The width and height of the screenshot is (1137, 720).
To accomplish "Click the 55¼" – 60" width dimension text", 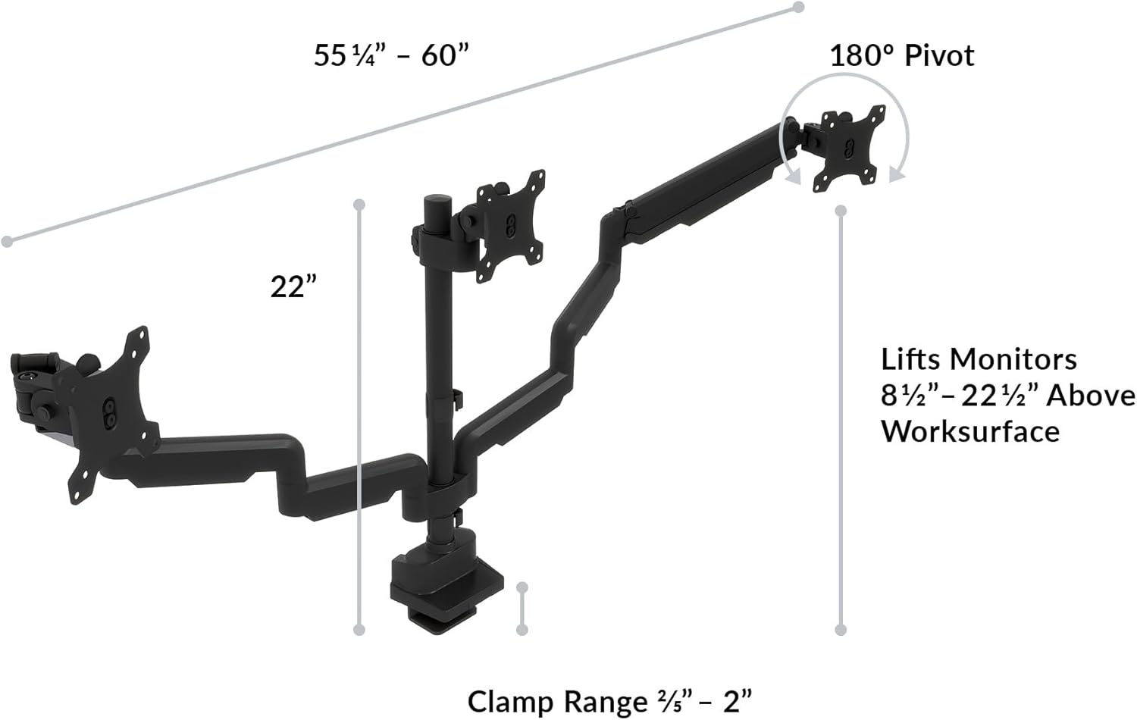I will [391, 55].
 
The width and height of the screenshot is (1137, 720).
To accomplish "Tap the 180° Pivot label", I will [901, 55].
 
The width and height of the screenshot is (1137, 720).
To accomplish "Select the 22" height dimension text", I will [293, 286].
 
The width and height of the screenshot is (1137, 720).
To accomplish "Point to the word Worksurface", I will [969, 431].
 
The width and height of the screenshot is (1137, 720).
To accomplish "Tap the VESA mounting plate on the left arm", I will [113, 413].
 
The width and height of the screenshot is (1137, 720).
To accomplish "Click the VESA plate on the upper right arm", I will [848, 149].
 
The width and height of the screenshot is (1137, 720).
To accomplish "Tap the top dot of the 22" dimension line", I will [359, 204].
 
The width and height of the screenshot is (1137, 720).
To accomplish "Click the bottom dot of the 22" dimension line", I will [359, 630].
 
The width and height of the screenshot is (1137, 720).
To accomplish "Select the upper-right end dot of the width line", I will [798, 7].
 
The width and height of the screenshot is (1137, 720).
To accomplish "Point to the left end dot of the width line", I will [7, 241].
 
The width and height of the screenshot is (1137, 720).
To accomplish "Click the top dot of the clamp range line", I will [522, 587].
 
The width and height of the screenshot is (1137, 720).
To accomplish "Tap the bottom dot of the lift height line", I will [840, 630].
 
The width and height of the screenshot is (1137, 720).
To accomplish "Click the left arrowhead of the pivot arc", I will [793, 177].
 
